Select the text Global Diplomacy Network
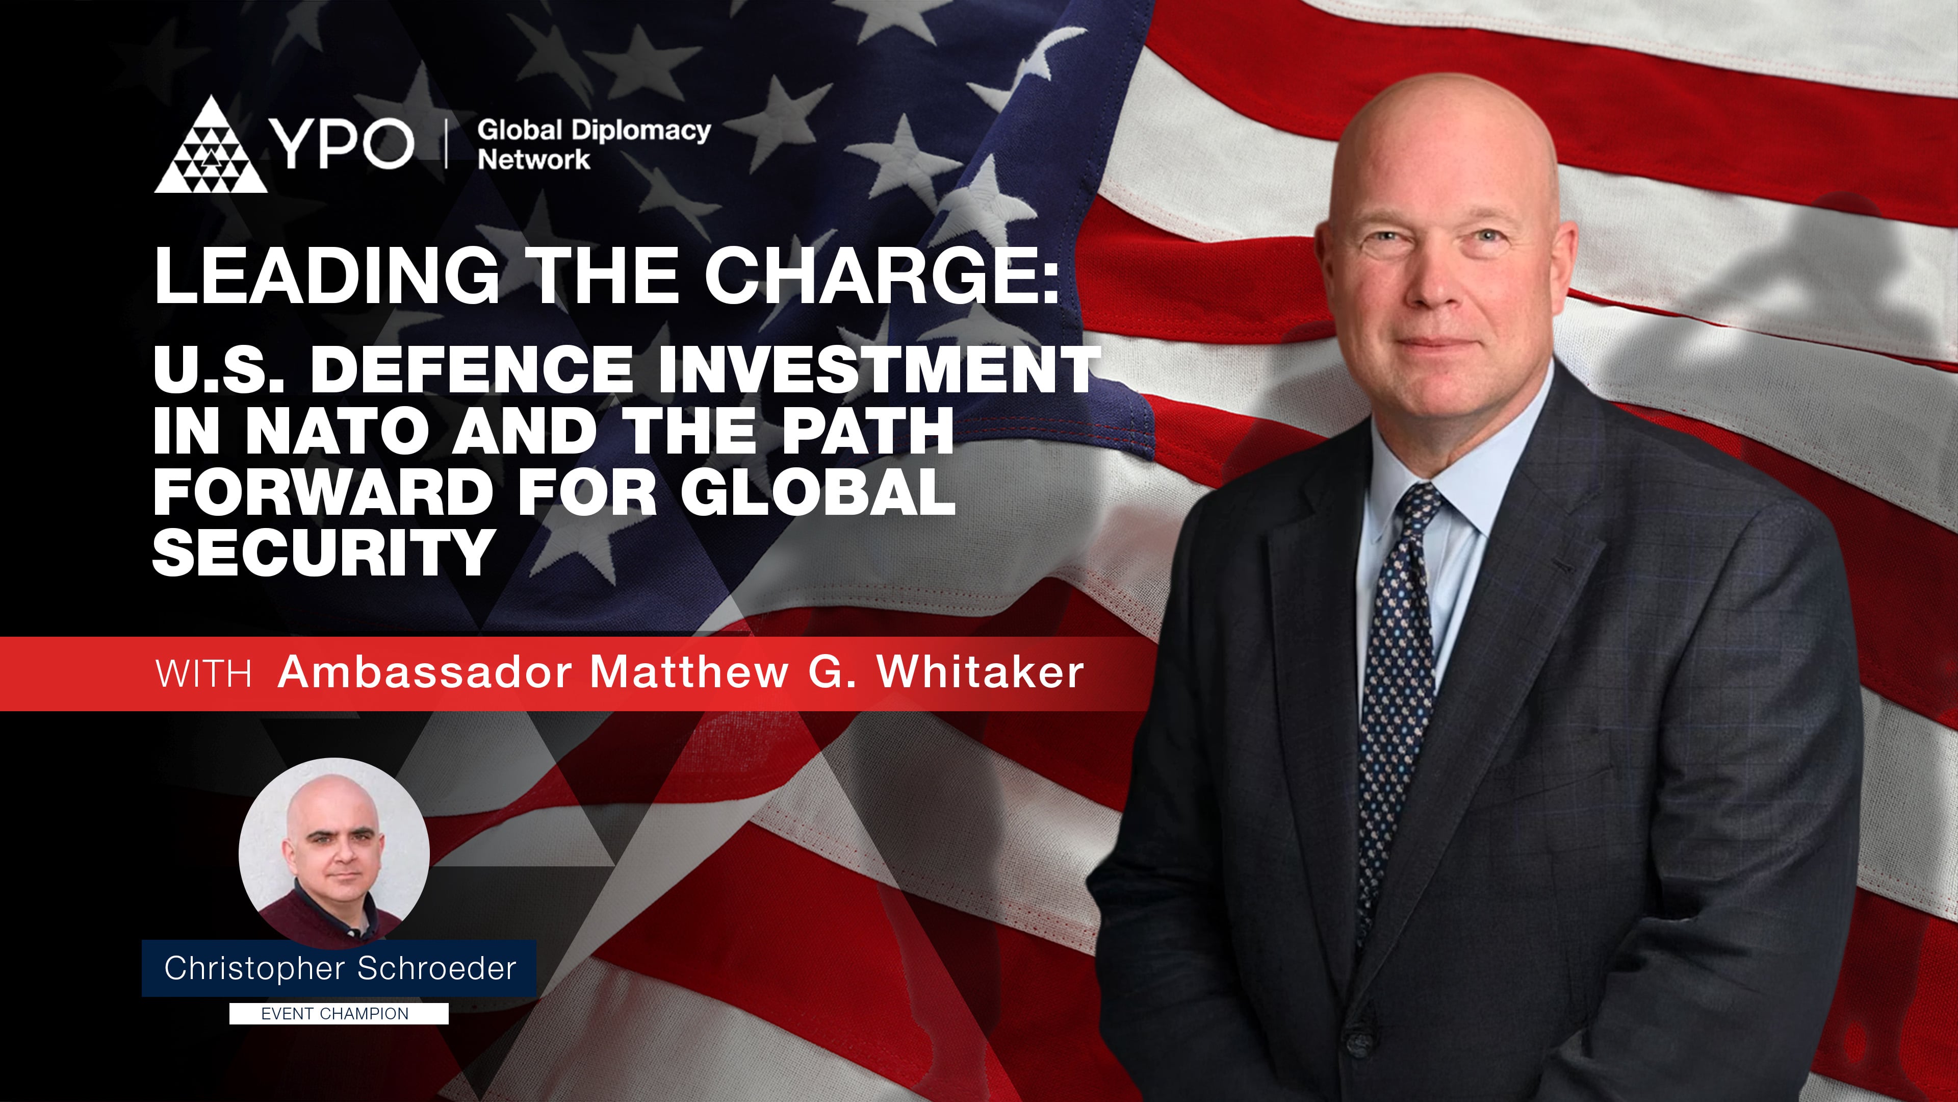click(x=593, y=144)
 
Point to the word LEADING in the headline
click(x=327, y=275)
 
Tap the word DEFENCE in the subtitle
click(x=471, y=369)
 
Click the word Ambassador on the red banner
click(x=425, y=672)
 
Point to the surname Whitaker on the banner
click(x=981, y=672)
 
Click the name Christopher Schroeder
click(x=340, y=968)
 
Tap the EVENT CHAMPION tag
click(x=335, y=1014)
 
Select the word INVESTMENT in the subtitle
click(x=878, y=369)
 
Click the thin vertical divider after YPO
click(x=446, y=144)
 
